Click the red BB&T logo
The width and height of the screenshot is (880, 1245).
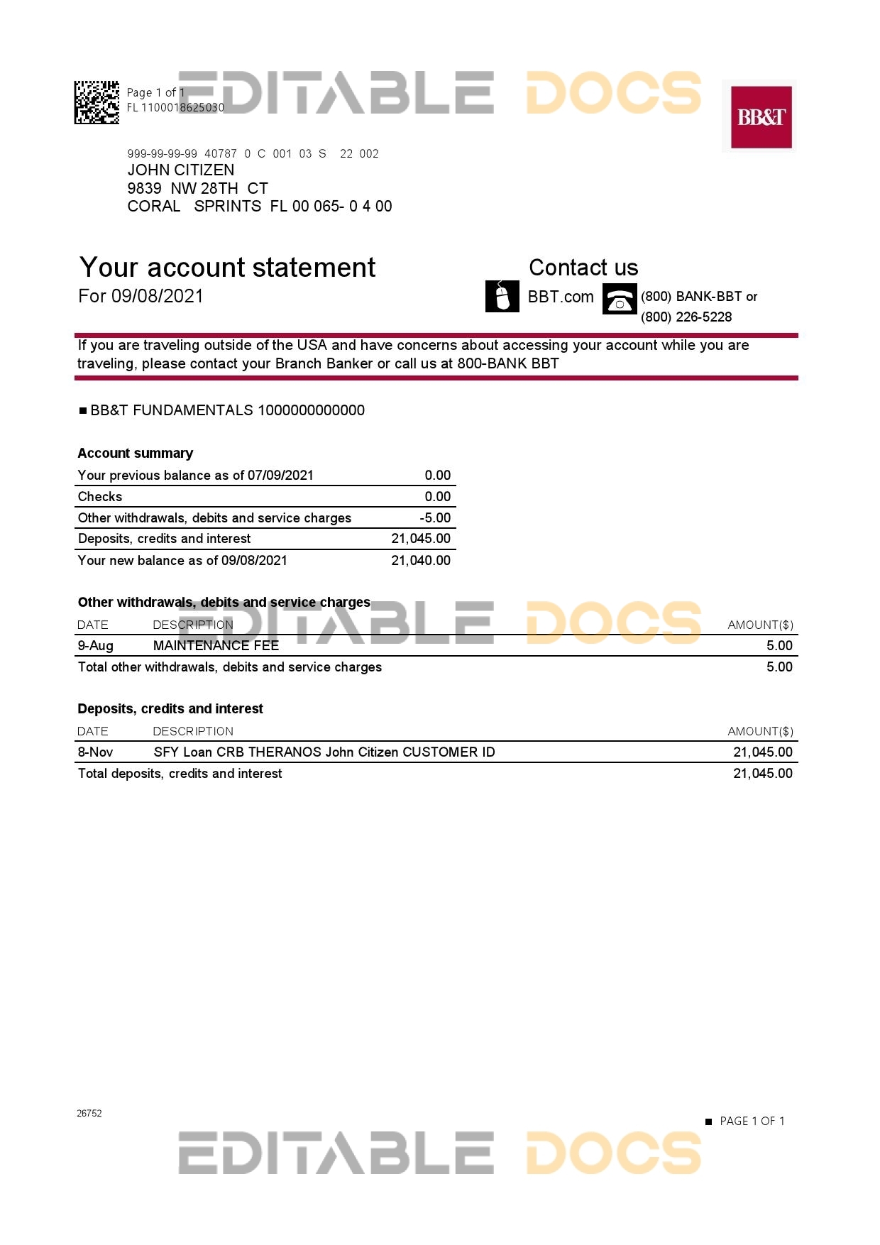pyautogui.click(x=761, y=116)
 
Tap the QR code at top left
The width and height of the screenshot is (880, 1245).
pyautogui.click(x=97, y=102)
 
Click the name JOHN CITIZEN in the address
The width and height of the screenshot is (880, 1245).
pyautogui.click(x=180, y=170)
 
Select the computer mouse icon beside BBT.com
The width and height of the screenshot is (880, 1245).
pyautogui.click(x=502, y=296)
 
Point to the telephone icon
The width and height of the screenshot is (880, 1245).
pyautogui.click(x=620, y=299)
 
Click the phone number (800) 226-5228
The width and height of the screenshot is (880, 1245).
pyautogui.click(x=686, y=317)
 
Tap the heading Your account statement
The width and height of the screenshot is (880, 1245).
pyautogui.click(x=227, y=268)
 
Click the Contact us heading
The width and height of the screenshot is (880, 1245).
pyautogui.click(x=583, y=268)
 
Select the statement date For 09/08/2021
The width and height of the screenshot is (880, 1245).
pyautogui.click(x=141, y=296)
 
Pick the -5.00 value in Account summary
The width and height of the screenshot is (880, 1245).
pyautogui.click(x=435, y=518)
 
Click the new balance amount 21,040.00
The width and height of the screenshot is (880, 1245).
pyautogui.click(x=421, y=561)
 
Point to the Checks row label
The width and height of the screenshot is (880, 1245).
pyautogui.click(x=100, y=497)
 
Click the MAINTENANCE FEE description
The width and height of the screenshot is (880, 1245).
pyautogui.click(x=216, y=646)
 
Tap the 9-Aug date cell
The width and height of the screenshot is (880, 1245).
pyautogui.click(x=95, y=646)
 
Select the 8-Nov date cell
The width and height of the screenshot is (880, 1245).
pyautogui.click(x=95, y=752)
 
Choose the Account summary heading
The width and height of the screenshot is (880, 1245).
pyautogui.click(x=135, y=454)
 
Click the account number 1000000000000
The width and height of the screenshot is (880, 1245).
pyautogui.click(x=311, y=410)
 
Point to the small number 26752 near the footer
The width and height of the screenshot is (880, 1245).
pyautogui.click(x=89, y=1114)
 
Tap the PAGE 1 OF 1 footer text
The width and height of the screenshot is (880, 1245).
pyautogui.click(x=752, y=1121)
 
